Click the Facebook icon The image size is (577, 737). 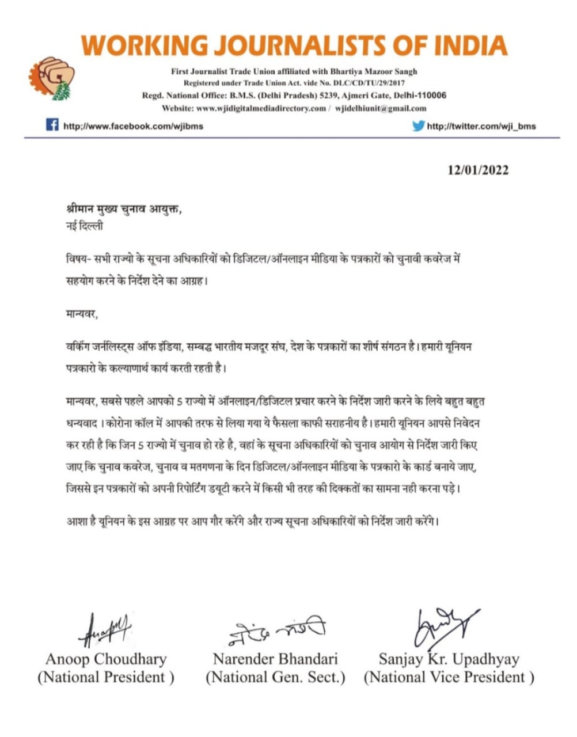(x=52, y=124)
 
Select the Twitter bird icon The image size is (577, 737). (x=419, y=126)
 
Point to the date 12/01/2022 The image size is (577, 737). (x=478, y=170)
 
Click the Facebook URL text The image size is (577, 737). (x=133, y=126)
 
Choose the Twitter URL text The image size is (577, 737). (x=481, y=126)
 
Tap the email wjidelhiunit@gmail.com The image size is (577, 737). (x=381, y=108)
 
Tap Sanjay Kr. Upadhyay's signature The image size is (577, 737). (x=444, y=625)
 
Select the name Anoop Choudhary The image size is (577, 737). (x=106, y=659)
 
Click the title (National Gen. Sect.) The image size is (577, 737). (x=275, y=678)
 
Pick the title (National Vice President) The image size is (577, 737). (x=449, y=678)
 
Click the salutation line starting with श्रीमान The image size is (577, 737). (x=124, y=209)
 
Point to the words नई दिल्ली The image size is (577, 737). (x=85, y=226)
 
